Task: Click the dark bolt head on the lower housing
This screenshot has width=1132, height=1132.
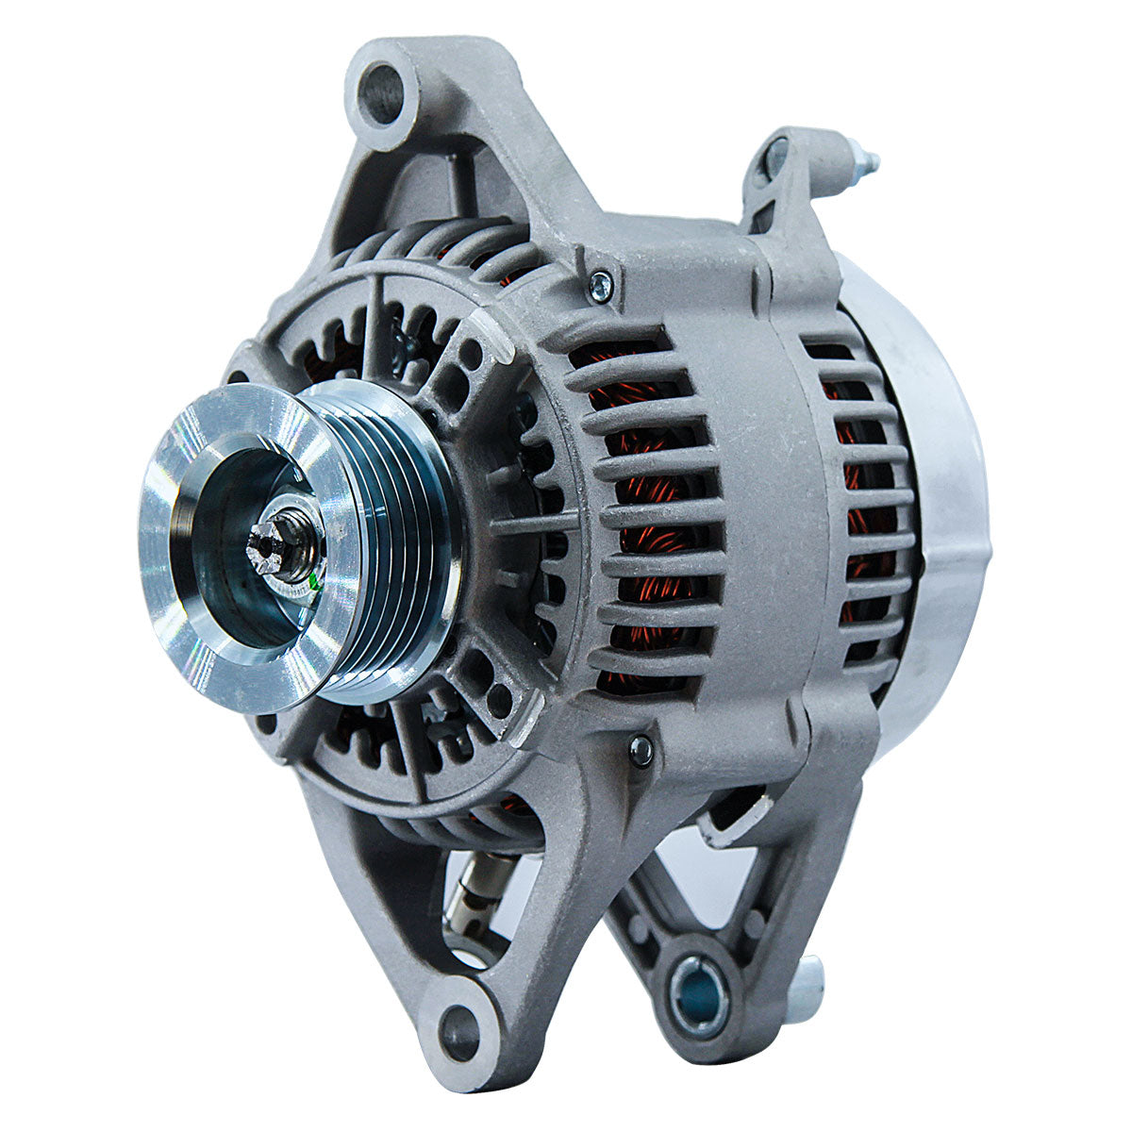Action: coord(641,749)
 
